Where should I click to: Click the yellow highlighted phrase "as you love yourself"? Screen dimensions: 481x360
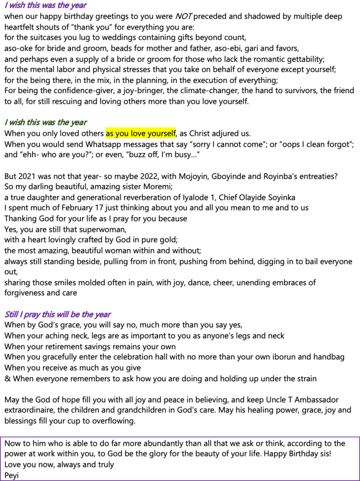click(141, 133)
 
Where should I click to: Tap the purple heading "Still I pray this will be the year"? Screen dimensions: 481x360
click(57, 314)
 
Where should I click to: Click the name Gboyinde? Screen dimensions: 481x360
click(225, 176)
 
